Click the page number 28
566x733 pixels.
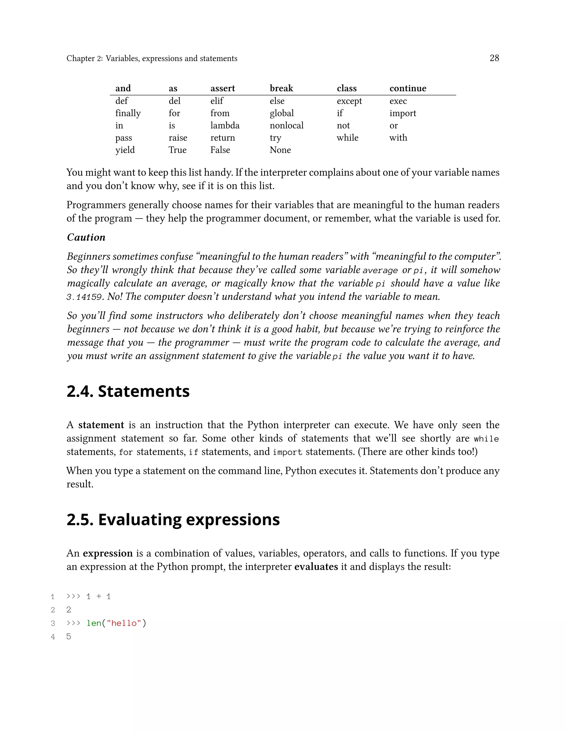(494, 58)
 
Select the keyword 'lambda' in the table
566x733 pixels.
(225, 126)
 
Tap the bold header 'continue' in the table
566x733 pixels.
(408, 88)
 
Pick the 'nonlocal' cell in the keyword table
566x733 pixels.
(286, 126)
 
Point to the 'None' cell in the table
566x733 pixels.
(280, 150)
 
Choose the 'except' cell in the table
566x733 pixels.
(349, 101)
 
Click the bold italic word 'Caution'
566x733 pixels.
(86, 237)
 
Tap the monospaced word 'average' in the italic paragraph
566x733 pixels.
(380, 271)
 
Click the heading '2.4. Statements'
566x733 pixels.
(128, 391)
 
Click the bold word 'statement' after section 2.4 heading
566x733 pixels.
(101, 425)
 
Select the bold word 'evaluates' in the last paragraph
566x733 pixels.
(316, 566)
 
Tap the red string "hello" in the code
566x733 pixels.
(124, 623)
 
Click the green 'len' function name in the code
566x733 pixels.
(94, 623)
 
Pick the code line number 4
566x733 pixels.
(53, 637)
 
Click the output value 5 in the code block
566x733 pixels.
(69, 637)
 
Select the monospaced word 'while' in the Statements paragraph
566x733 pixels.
(486, 439)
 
